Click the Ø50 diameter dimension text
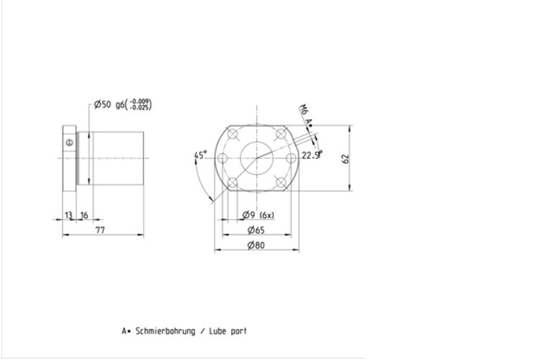(103, 104)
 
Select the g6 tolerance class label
(120, 104)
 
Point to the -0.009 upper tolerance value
(140, 102)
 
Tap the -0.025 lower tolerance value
(140, 107)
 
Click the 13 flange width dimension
(68, 215)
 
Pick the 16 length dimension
(84, 216)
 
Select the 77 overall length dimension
(100, 230)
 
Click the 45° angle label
(201, 155)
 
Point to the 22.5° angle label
(312, 155)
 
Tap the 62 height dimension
(346, 159)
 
